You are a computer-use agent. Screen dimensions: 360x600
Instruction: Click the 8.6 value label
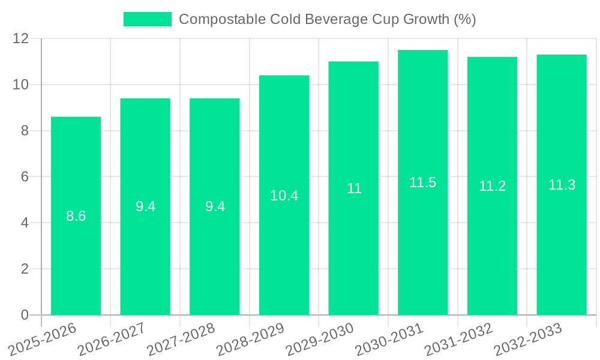tap(76, 216)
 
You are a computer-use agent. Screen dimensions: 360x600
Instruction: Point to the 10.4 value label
tap(284, 196)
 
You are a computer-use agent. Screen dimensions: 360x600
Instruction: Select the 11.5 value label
tap(422, 182)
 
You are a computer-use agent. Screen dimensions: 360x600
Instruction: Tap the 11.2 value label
tap(492, 186)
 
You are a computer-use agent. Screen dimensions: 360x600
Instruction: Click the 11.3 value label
tap(562, 185)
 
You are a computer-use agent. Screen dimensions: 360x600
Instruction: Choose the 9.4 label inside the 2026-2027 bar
tap(145, 206)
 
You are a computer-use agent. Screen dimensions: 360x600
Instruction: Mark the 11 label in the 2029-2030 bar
tap(353, 188)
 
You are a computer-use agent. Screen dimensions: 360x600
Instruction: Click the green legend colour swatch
tap(147, 19)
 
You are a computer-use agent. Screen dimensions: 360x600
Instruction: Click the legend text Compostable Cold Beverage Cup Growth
tap(327, 19)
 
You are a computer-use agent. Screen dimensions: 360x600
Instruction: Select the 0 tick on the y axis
tap(25, 315)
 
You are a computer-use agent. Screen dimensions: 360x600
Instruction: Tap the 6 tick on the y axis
tap(25, 177)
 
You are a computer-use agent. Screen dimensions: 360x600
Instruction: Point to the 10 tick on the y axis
tap(21, 85)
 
